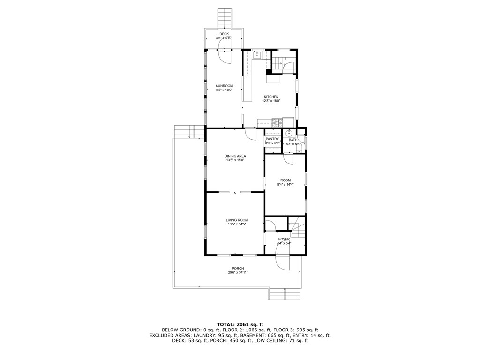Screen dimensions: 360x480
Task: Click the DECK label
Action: coord(224,34)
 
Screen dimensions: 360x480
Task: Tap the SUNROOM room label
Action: coord(224,86)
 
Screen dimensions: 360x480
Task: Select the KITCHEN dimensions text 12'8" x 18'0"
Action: coord(271,101)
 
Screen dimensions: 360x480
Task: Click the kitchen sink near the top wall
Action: coord(257,55)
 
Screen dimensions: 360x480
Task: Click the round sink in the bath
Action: coord(289,134)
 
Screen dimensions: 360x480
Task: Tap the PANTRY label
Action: coord(272,139)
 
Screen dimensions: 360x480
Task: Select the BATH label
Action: coord(292,140)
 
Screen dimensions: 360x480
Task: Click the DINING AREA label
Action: coord(236,156)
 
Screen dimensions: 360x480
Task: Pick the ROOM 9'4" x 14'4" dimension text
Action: coord(285,185)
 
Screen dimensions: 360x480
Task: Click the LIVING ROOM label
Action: coord(237,220)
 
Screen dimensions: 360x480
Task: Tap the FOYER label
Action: coord(284,239)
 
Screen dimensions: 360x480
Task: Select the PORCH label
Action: coord(238,268)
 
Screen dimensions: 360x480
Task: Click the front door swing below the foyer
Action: coord(283,263)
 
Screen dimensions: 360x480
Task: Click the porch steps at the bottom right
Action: coord(285,294)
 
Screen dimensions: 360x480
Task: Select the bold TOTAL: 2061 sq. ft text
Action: coord(240,324)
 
